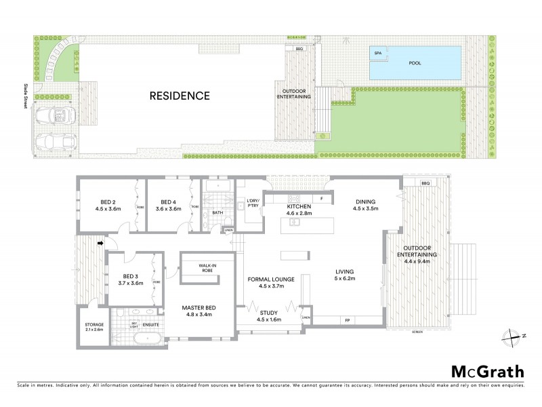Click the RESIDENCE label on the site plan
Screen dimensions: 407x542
180,96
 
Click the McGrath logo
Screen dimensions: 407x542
487,371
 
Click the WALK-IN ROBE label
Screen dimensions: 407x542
207,268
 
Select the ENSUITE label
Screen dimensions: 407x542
150,324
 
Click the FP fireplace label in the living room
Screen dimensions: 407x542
347,319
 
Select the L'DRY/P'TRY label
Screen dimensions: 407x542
254,201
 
